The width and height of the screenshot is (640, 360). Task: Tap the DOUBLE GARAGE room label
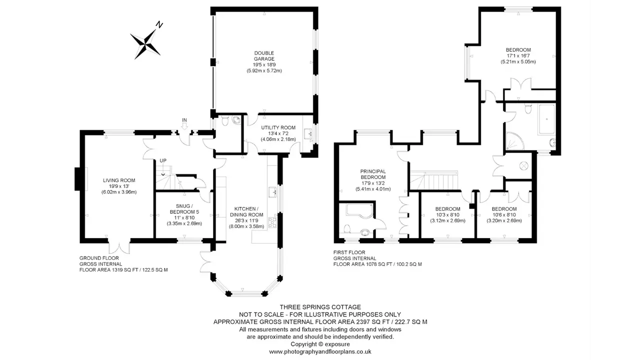click(264, 56)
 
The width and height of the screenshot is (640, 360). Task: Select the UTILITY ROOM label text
click(278, 127)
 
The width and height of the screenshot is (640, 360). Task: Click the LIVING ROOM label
click(119, 180)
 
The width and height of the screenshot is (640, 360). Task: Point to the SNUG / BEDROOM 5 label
click(184, 209)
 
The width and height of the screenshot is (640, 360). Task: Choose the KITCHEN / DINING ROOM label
click(246, 211)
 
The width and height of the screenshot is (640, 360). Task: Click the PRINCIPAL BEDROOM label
click(373, 174)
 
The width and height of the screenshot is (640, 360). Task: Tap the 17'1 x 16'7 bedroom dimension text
click(518, 55)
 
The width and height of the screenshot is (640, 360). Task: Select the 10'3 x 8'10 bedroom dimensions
click(447, 215)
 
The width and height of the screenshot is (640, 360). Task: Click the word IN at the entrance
click(184, 120)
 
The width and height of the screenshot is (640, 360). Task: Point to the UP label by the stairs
click(163, 160)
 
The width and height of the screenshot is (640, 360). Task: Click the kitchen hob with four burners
click(272, 222)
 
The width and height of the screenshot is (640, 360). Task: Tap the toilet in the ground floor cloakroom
click(225, 121)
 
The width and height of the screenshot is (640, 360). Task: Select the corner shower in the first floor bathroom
click(514, 141)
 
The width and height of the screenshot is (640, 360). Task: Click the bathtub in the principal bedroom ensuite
click(359, 211)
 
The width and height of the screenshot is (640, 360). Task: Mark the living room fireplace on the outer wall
click(77, 179)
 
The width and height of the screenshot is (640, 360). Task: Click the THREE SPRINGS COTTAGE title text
click(320, 307)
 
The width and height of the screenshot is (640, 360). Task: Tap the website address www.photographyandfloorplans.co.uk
click(320, 351)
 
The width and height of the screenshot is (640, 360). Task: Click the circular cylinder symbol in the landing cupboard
click(523, 165)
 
